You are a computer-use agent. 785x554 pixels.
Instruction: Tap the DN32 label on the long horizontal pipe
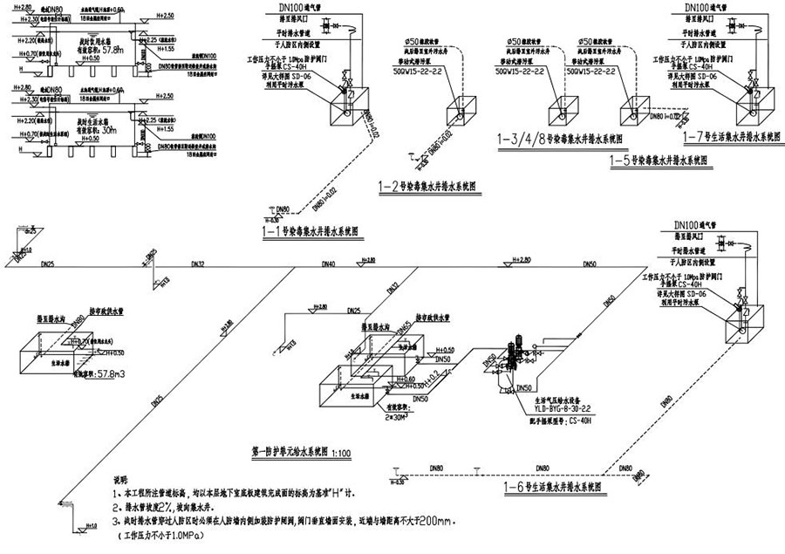[200, 263]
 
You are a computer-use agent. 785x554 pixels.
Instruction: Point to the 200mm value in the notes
[428, 521]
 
